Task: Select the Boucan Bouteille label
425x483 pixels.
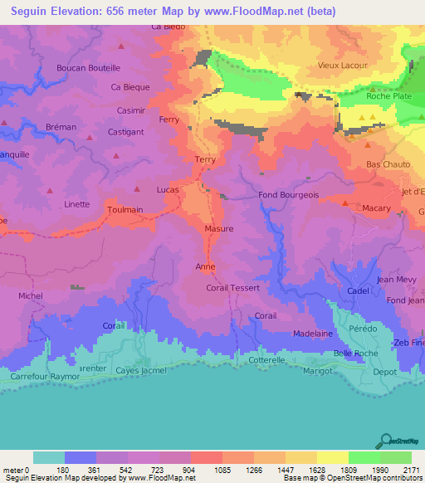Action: coord(88,68)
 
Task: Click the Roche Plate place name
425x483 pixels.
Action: coord(388,96)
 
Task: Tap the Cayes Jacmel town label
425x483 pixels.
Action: coord(140,369)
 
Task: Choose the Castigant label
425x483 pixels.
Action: coord(126,132)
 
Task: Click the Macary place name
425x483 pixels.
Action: coord(376,208)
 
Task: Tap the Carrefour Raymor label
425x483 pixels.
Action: coord(45,376)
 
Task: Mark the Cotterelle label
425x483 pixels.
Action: coord(266,360)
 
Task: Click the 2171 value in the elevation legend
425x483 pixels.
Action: coord(412,469)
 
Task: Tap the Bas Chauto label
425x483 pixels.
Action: coord(388,165)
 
